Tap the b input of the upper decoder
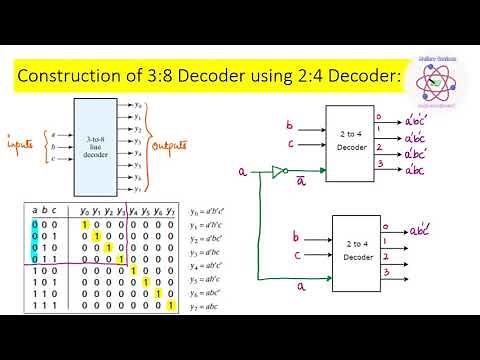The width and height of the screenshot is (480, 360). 289,128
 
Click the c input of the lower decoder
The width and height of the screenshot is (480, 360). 296,257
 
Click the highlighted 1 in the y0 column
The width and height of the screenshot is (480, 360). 86,224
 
